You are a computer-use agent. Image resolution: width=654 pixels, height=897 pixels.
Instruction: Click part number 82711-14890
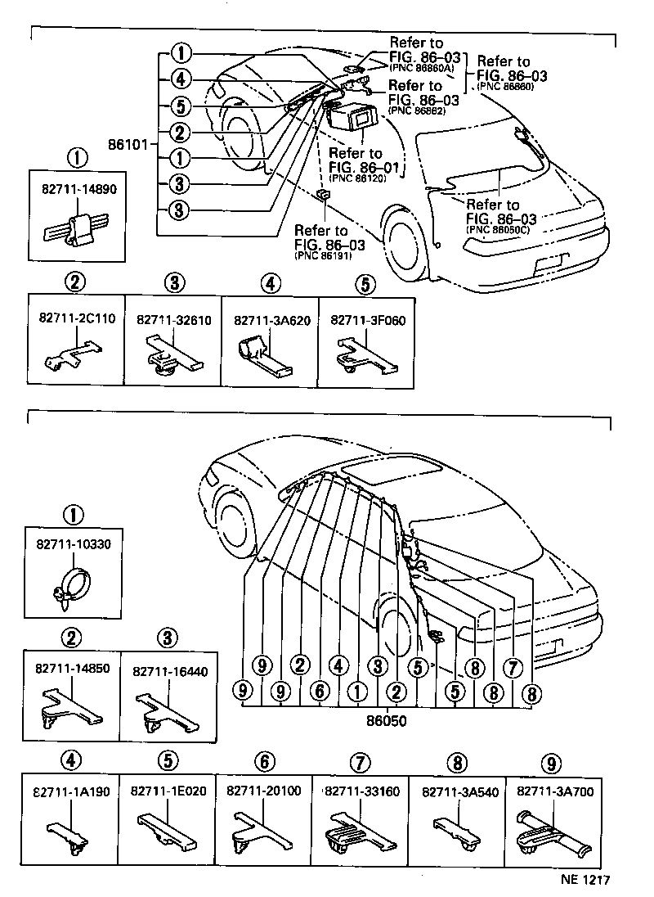[x=78, y=187]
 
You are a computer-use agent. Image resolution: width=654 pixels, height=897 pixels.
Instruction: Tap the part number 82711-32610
[x=173, y=320]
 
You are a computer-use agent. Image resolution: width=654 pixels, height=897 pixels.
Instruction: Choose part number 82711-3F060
[x=364, y=320]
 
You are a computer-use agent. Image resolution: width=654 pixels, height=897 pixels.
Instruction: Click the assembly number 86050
[x=387, y=723]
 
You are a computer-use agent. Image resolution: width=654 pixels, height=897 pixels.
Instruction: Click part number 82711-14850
[x=72, y=669]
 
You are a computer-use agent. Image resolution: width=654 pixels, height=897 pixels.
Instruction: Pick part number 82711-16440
[x=169, y=669]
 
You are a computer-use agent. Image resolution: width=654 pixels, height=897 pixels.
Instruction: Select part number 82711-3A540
[x=456, y=791]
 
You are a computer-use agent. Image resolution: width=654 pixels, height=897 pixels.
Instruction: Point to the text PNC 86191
[x=320, y=255]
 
